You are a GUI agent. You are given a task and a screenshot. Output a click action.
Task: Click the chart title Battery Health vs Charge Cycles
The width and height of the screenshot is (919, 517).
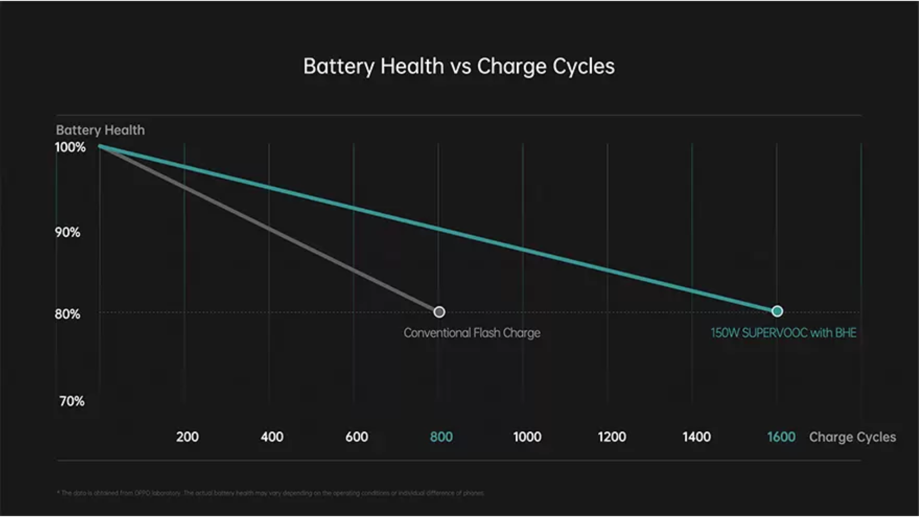pyautogui.click(x=459, y=67)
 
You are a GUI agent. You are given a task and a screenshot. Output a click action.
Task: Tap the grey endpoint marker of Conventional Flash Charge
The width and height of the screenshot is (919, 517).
pyautogui.click(x=439, y=312)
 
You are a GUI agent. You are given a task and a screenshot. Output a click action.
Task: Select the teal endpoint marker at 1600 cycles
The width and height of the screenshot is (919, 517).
pyautogui.click(x=777, y=311)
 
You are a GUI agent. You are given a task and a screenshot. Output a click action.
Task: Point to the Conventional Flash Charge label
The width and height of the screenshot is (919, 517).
pyautogui.click(x=472, y=333)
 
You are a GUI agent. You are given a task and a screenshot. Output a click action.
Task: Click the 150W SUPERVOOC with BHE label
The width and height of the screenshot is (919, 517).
pyautogui.click(x=783, y=333)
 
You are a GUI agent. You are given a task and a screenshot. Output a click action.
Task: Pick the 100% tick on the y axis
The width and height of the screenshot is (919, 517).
pyautogui.click(x=70, y=147)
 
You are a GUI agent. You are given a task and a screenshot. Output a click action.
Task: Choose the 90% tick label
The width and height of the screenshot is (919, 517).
pyautogui.click(x=68, y=232)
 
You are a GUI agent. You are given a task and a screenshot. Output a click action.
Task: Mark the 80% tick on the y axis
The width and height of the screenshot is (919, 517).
pyautogui.click(x=68, y=314)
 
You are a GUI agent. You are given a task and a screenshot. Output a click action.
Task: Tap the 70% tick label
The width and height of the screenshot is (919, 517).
pyautogui.click(x=72, y=401)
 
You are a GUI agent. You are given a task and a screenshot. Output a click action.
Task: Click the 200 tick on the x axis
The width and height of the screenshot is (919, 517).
pyautogui.click(x=187, y=437)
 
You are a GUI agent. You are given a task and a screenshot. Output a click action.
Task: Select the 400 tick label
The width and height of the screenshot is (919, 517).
pyautogui.click(x=272, y=437)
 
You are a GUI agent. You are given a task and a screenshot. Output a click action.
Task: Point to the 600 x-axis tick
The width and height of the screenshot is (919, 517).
pyautogui.click(x=357, y=437)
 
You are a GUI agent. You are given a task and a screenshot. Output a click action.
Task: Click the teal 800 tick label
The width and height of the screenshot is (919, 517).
pyautogui.click(x=441, y=437)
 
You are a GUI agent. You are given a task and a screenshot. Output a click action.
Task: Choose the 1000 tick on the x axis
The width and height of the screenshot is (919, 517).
pyautogui.click(x=527, y=437)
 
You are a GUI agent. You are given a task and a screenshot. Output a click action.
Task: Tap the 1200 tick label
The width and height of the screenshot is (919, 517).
pyautogui.click(x=612, y=437)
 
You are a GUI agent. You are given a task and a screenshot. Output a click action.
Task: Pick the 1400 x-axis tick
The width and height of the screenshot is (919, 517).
pyautogui.click(x=696, y=437)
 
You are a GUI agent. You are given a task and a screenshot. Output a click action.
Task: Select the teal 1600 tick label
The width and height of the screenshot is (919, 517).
pyautogui.click(x=781, y=437)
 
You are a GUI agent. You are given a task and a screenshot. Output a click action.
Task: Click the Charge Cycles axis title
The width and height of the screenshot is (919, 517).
pyautogui.click(x=852, y=437)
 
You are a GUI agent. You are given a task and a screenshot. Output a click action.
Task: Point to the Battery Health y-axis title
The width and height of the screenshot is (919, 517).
pyautogui.click(x=100, y=130)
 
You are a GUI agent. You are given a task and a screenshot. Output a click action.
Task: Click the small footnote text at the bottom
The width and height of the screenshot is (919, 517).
pyautogui.click(x=270, y=493)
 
